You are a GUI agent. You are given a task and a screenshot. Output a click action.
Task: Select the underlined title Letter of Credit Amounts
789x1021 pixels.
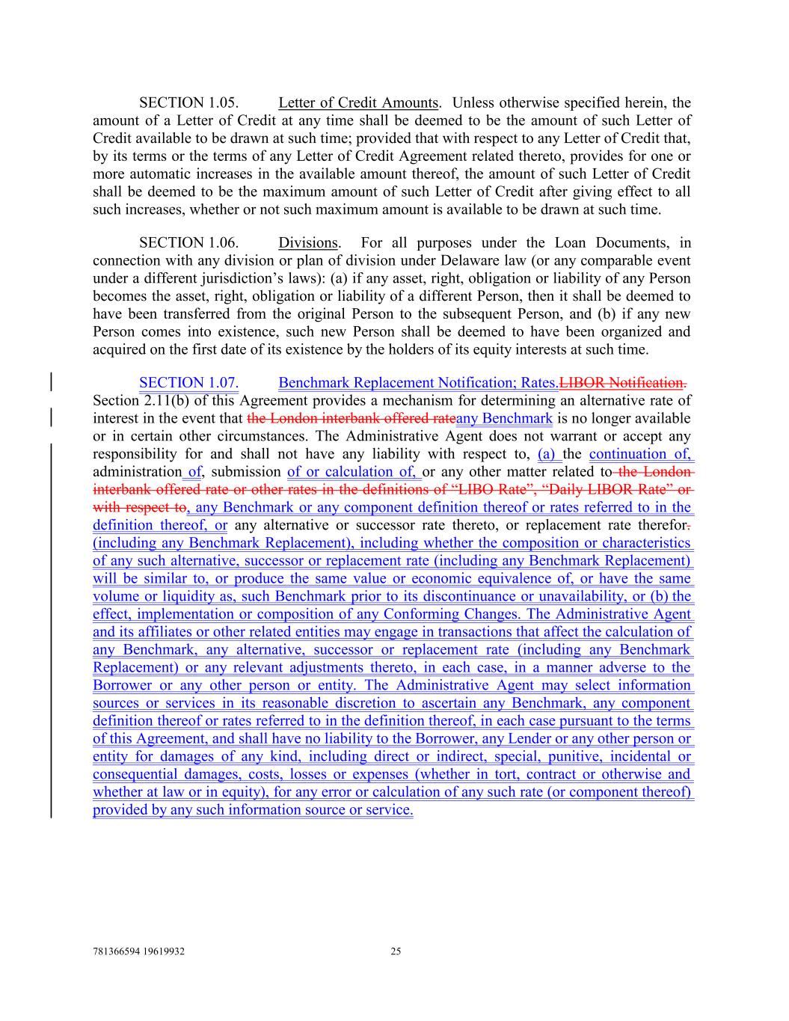(x=357, y=102)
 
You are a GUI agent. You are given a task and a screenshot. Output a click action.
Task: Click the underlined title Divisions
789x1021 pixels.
(x=307, y=242)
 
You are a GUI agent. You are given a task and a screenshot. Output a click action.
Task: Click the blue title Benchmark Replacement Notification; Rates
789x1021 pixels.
(x=418, y=383)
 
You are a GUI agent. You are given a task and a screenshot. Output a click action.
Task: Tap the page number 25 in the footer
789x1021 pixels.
(x=396, y=952)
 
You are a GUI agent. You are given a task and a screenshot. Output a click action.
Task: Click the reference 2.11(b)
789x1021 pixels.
(x=166, y=400)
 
